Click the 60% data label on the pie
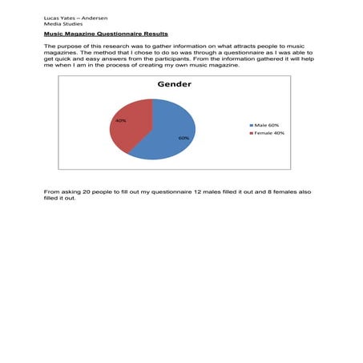pyautogui.click(x=184, y=138)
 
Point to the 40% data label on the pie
pyautogui.click(x=121, y=120)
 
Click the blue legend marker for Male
pyautogui.click(x=252, y=125)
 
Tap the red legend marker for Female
pyautogui.click(x=252, y=133)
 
